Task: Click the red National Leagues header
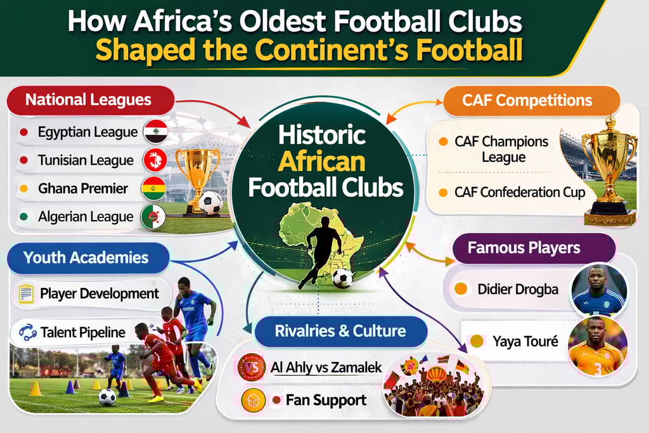click(x=89, y=100)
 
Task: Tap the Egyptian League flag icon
click(x=155, y=132)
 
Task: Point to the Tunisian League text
click(x=86, y=160)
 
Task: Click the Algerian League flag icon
click(x=154, y=217)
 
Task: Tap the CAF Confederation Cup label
click(x=520, y=192)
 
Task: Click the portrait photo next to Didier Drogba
click(x=598, y=290)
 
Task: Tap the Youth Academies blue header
click(x=86, y=258)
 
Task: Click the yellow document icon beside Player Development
click(x=27, y=294)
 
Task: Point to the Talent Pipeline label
click(x=82, y=332)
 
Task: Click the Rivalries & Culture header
click(x=340, y=331)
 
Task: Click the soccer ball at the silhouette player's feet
click(x=342, y=278)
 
